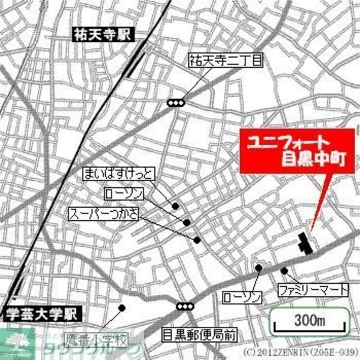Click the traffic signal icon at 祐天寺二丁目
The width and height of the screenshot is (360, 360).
click(x=175, y=103)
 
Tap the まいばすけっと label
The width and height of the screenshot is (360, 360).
click(x=119, y=175)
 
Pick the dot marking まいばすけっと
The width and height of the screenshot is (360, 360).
click(x=176, y=206)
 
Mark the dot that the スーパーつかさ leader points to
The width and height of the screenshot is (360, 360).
click(x=197, y=240)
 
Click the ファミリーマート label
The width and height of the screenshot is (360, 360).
click(x=313, y=290)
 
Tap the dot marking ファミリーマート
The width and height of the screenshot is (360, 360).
click(x=284, y=270)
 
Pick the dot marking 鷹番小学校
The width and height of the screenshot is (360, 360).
click(x=122, y=308)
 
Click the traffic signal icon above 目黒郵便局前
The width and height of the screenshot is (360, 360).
click(x=185, y=306)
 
